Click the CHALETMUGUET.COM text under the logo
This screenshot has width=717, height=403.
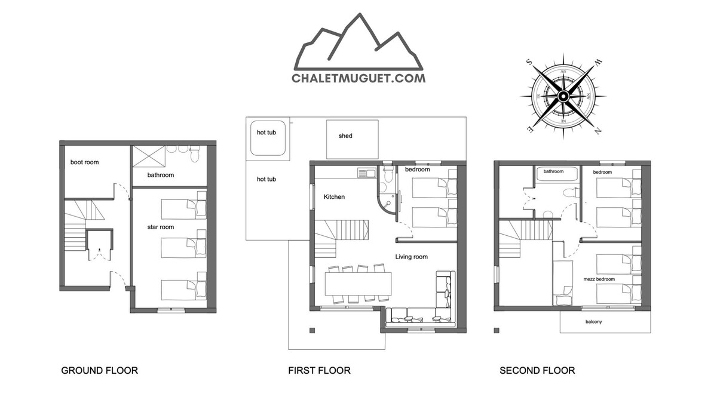[358, 78]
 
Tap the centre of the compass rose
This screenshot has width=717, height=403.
[563, 96]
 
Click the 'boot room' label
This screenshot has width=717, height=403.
[84, 162]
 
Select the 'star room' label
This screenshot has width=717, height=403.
[160, 227]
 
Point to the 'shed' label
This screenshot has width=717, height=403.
[345, 136]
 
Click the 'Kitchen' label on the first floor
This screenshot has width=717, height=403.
[334, 196]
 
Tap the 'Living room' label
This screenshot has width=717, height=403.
[411, 257]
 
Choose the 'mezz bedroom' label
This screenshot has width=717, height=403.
[599, 279]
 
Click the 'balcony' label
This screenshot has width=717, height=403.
[593, 322]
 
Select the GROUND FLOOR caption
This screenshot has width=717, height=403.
[100, 370]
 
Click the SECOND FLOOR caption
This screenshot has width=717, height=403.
[537, 370]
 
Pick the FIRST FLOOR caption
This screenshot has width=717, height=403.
[319, 370]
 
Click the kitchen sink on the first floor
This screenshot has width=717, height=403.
[367, 173]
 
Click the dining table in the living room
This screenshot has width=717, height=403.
[358, 284]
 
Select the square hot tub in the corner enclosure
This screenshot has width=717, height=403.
[268, 138]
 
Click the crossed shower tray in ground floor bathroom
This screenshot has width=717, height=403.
[149, 156]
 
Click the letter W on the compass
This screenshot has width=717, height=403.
[597, 63]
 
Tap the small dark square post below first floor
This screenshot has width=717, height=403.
[312, 330]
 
